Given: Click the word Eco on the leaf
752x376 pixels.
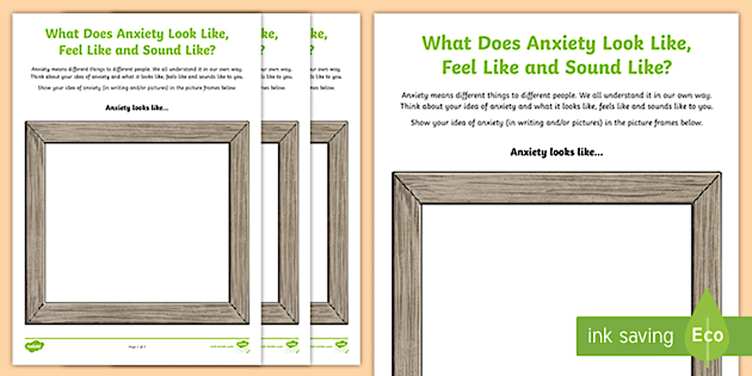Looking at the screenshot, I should click(708, 335).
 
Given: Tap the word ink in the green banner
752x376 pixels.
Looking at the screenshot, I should click(600, 336).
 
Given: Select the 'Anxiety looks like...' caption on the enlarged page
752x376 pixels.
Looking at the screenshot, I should click(556, 152).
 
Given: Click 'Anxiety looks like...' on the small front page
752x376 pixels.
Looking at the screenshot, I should click(137, 108).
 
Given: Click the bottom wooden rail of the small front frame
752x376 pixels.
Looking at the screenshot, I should click(137, 313).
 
